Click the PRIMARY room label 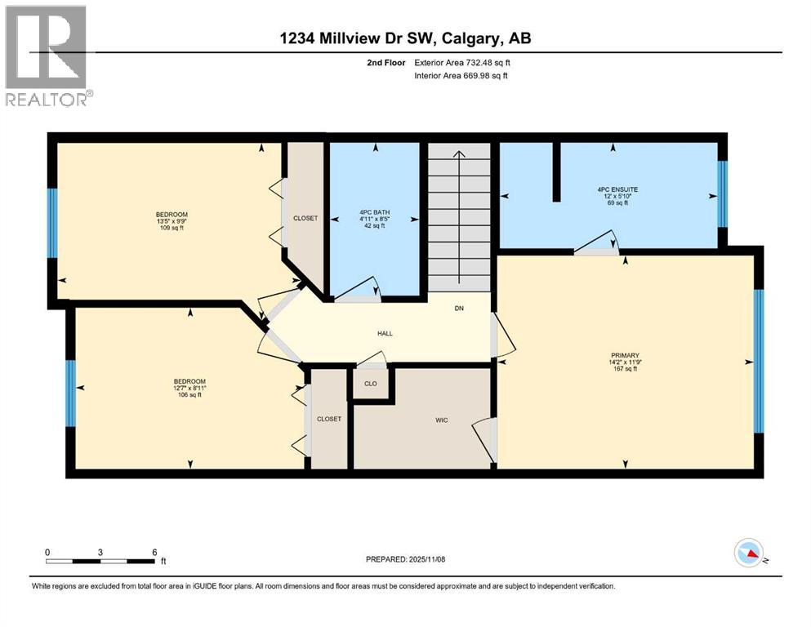[624, 355]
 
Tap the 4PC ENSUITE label [617, 189]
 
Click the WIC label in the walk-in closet [441, 420]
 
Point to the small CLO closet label [370, 383]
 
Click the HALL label [385, 333]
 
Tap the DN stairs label [460, 309]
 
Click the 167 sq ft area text [624, 369]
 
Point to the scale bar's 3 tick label [100, 552]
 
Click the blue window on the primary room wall [759, 361]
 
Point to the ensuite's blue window [722, 194]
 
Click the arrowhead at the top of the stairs [460, 153]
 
